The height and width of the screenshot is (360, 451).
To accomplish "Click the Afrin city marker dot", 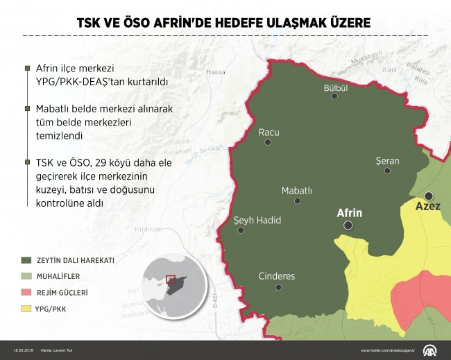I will point(348,225).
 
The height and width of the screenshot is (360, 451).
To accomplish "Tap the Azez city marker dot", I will point(429,196).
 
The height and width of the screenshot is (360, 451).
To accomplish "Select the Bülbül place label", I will point(335,88).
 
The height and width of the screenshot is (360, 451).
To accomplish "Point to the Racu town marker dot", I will point(268,143).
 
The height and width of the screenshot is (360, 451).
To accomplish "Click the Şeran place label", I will point(386,161).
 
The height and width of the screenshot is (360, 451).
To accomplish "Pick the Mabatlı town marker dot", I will point(298,201).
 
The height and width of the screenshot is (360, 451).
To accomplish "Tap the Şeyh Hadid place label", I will point(257,220).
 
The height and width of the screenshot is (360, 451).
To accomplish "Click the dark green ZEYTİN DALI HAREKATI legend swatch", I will point(26,260).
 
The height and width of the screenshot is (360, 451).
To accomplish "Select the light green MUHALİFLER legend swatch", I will point(26,275).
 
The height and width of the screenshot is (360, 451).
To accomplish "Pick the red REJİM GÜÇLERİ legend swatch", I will point(26,291).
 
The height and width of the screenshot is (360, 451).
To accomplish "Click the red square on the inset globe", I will point(169,280).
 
